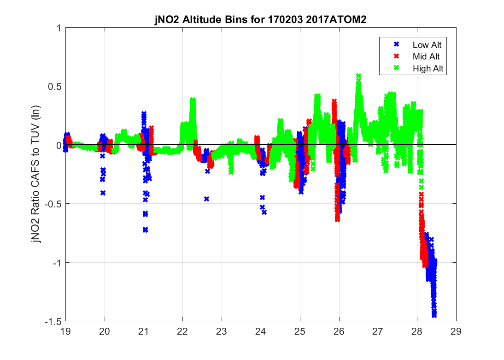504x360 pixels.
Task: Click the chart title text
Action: click(x=260, y=20)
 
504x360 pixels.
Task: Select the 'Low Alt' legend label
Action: click(x=424, y=45)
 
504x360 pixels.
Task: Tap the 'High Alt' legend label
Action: click(x=424, y=68)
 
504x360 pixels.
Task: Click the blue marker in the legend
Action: click(x=395, y=45)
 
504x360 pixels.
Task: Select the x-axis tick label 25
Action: click(x=300, y=331)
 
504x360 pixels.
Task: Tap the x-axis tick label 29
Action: click(x=456, y=331)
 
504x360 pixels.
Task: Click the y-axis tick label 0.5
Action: click(x=55, y=86)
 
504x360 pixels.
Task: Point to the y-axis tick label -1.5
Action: click(x=53, y=321)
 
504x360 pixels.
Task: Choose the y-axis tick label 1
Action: click(x=59, y=28)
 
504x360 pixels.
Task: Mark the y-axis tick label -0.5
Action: click(x=53, y=204)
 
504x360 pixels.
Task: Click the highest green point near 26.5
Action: click(x=358, y=76)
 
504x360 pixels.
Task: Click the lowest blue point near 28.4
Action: click(x=434, y=316)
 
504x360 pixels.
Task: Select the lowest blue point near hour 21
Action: click(x=145, y=230)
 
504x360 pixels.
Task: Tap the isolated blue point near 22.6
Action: click(x=207, y=199)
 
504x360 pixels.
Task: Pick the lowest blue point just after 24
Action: click(x=264, y=212)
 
